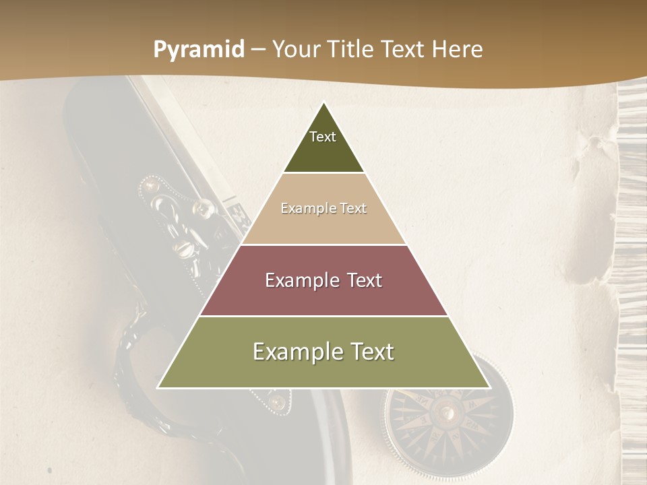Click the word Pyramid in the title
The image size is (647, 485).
(198, 50)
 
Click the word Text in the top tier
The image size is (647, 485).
(323, 137)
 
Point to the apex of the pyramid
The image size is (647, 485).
(323, 102)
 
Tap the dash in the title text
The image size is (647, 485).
(258, 50)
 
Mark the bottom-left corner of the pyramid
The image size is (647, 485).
(158, 387)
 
